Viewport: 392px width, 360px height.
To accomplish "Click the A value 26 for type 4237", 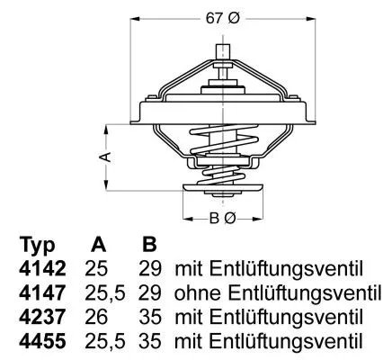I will click(x=98, y=318).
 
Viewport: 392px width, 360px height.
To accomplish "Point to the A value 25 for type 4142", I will click(x=98, y=269).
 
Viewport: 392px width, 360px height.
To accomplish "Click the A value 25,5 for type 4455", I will click(x=102, y=342).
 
